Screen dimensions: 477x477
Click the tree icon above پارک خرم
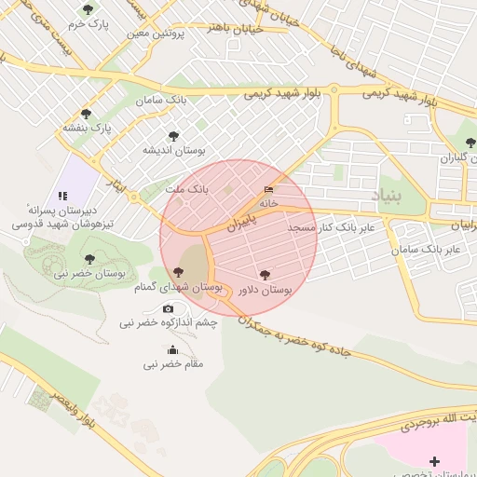88,9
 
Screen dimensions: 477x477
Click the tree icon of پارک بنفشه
87,114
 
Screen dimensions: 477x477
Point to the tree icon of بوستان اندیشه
171,136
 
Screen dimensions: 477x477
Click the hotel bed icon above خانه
269,189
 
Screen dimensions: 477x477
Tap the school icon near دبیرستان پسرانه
62,196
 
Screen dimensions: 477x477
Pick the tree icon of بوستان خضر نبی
89,260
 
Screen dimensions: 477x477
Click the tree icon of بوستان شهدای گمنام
178,273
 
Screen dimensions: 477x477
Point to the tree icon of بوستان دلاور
266,276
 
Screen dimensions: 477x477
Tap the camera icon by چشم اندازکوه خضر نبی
168,308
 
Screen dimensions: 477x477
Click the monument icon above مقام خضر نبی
172,350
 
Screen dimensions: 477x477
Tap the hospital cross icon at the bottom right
434,461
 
